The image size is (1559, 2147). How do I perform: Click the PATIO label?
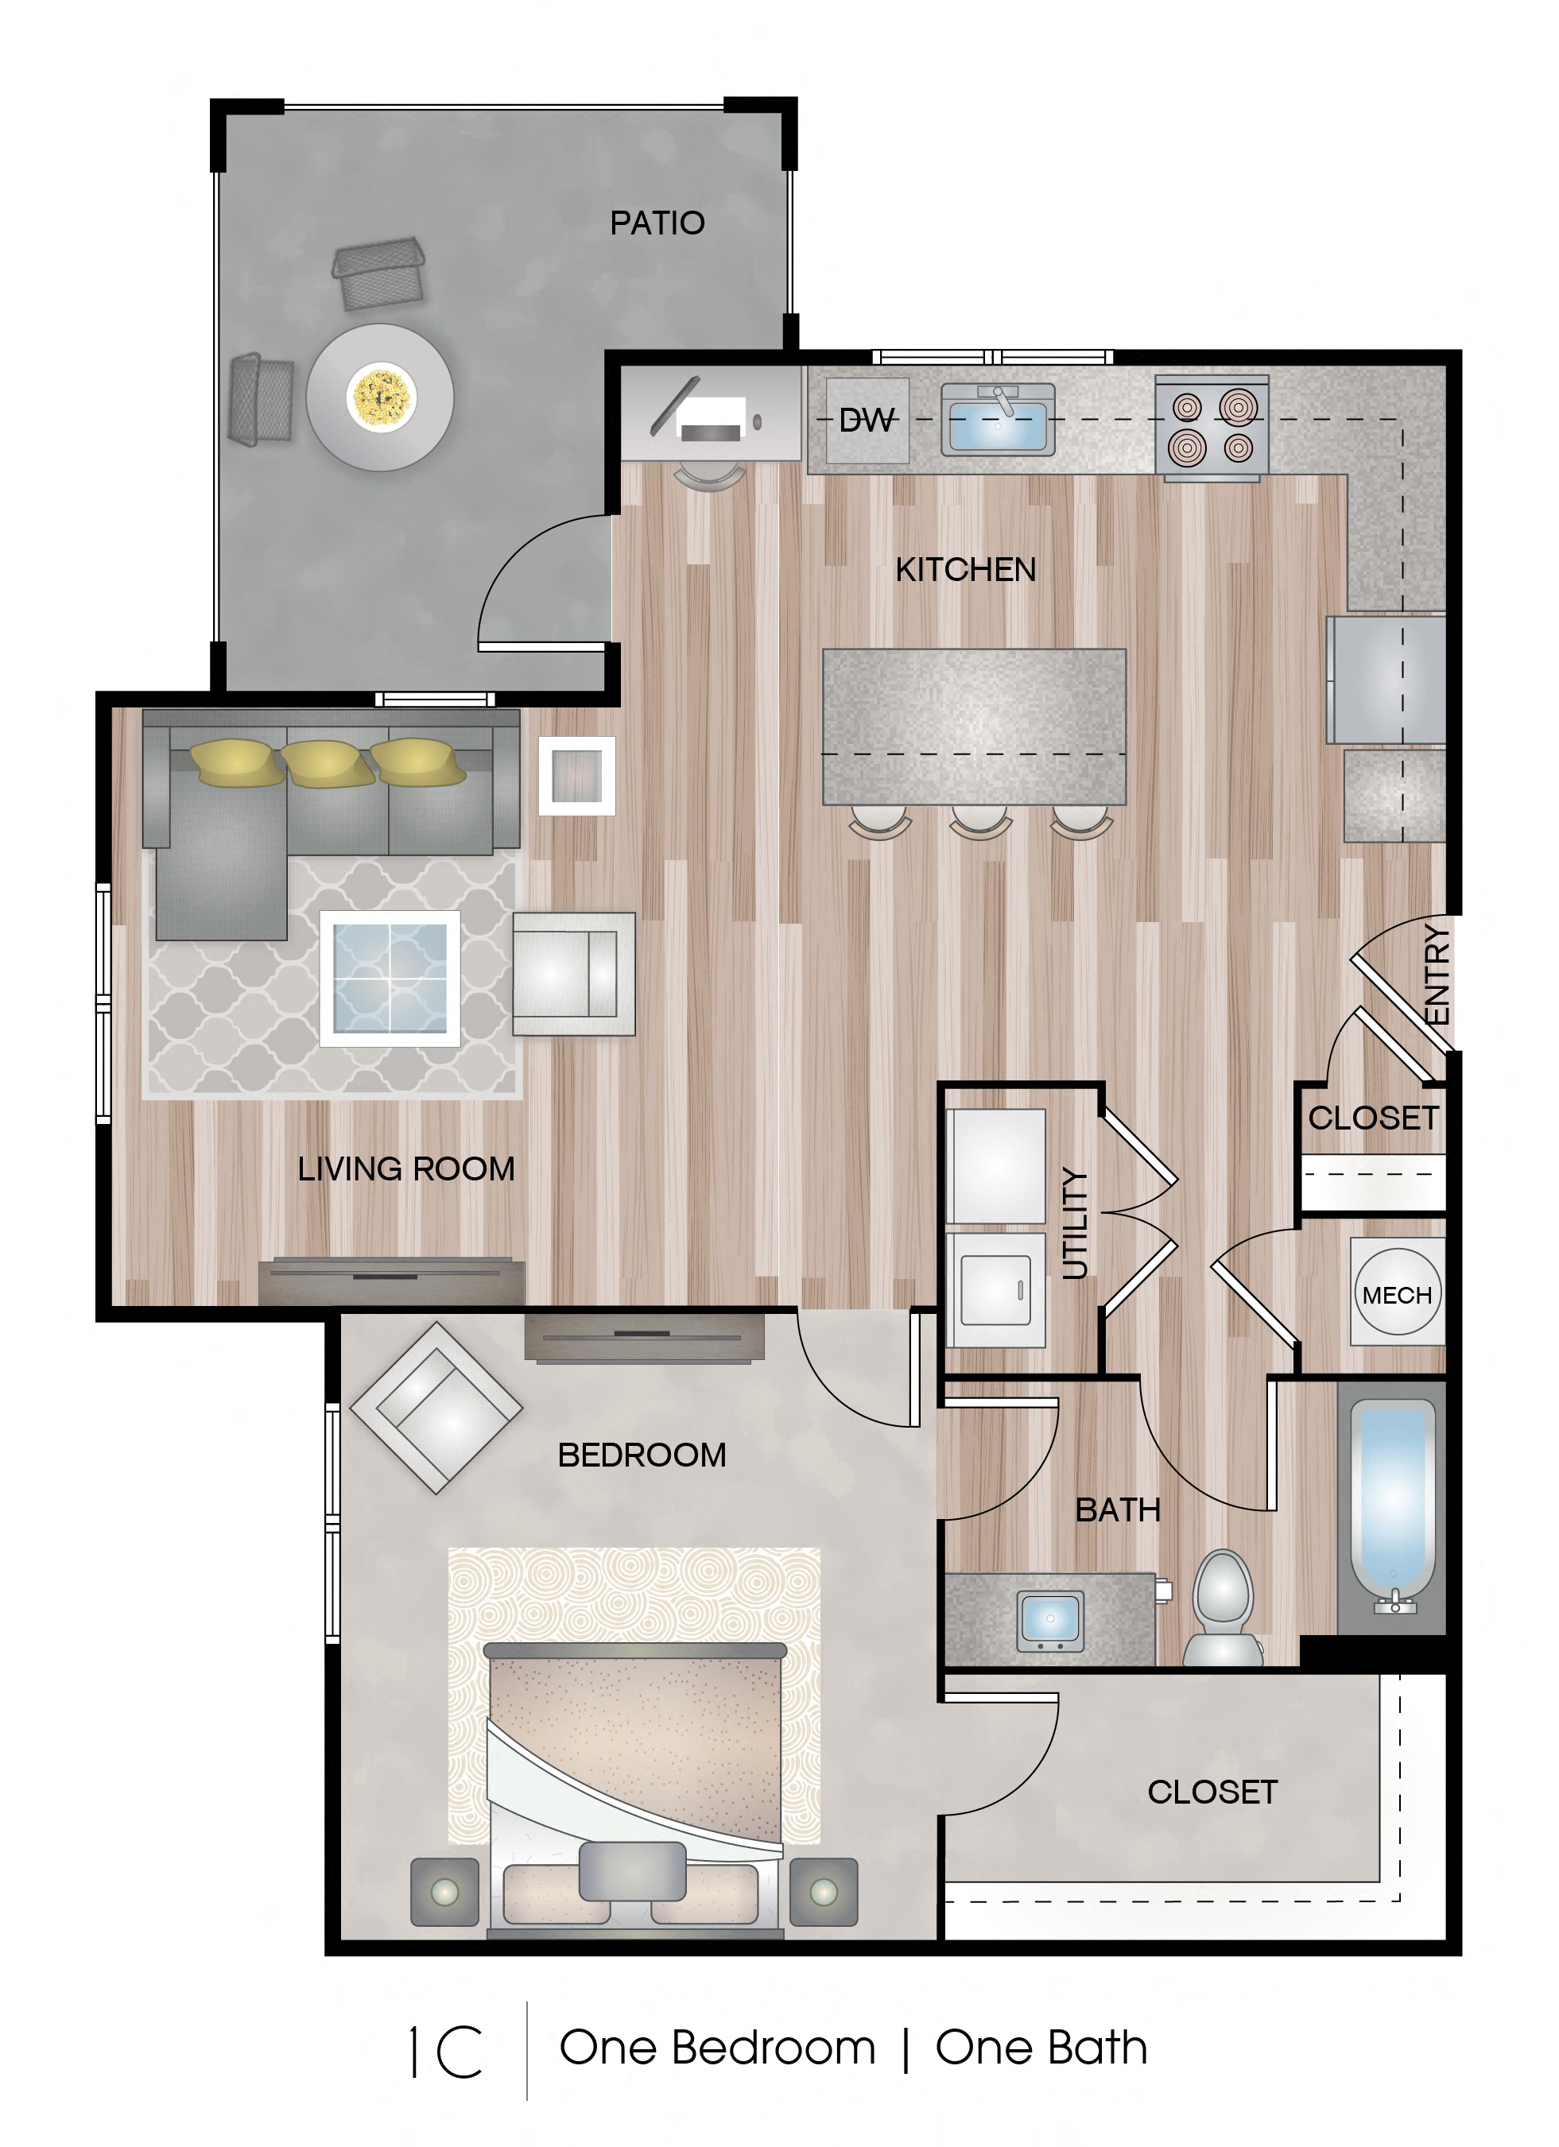tap(657, 223)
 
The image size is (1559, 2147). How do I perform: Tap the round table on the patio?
tap(379, 397)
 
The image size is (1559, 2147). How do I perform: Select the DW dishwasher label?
tap(866, 420)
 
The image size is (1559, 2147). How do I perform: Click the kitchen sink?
tap(998, 420)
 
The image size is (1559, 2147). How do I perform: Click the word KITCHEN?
tap(965, 570)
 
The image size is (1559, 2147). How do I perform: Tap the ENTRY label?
tap(1437, 975)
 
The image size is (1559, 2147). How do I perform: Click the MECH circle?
tap(1397, 1295)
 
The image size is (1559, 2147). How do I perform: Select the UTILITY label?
tap(1074, 1224)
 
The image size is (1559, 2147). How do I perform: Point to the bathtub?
tap(1391, 1506)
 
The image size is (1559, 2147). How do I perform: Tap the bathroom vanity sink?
tap(1049, 1621)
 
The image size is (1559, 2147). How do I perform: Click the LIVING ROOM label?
tap(406, 1169)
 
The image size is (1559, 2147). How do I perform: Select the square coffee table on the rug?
tap(390, 978)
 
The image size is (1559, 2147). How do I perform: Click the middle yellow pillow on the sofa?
tap(328, 763)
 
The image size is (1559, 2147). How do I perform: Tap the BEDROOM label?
tap(642, 1455)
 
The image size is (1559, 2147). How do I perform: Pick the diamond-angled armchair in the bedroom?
tap(436, 1408)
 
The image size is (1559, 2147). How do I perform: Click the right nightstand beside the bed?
tap(824, 1893)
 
